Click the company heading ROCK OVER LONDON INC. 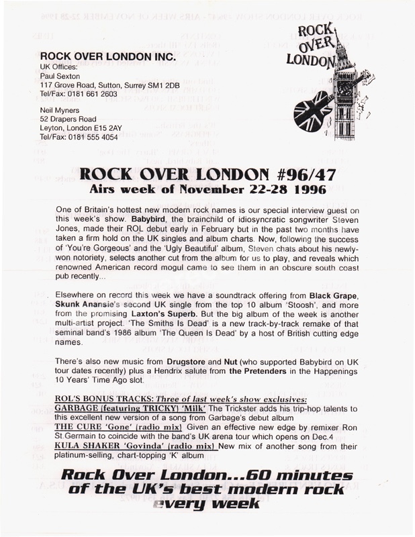(x=108, y=58)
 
